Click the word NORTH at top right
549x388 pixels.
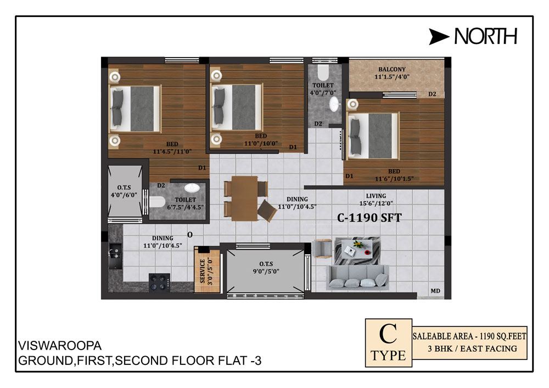coord(486,36)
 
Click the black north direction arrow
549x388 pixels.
coord(439,37)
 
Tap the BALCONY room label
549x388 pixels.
coord(392,69)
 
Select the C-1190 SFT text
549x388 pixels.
coord(369,218)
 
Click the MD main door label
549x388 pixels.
coord(435,291)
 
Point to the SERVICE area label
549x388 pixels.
coord(203,271)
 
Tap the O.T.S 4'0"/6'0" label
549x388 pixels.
coord(124,192)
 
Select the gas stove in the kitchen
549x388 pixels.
coord(159,282)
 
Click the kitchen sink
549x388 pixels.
coord(115,256)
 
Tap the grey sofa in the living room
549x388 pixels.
coord(357,277)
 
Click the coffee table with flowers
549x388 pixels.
coord(357,250)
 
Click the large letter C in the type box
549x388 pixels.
coord(388,334)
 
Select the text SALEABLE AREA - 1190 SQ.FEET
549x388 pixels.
coord(469,336)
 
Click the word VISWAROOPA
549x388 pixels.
coord(60,346)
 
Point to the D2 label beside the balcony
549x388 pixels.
coord(433,94)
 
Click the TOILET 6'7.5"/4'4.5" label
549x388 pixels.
coord(185,204)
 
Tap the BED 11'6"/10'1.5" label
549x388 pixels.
coord(394,175)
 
